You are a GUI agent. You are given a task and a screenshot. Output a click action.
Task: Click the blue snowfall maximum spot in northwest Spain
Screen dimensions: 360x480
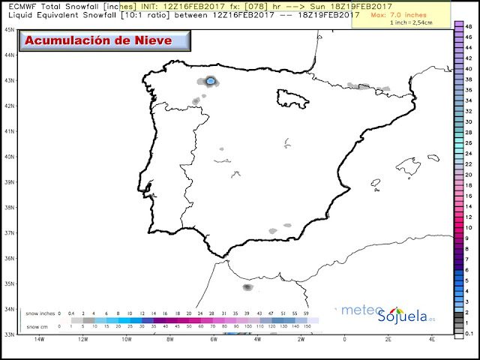(x=211, y=80)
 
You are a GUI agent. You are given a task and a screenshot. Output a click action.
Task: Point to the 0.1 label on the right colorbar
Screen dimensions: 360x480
(x=468, y=332)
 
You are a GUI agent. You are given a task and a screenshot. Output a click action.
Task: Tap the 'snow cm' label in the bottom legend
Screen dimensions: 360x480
(x=35, y=326)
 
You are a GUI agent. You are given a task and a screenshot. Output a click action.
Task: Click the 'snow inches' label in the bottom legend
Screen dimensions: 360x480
(x=39, y=313)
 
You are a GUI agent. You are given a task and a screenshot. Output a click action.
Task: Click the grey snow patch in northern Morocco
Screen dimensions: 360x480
(x=247, y=286)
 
